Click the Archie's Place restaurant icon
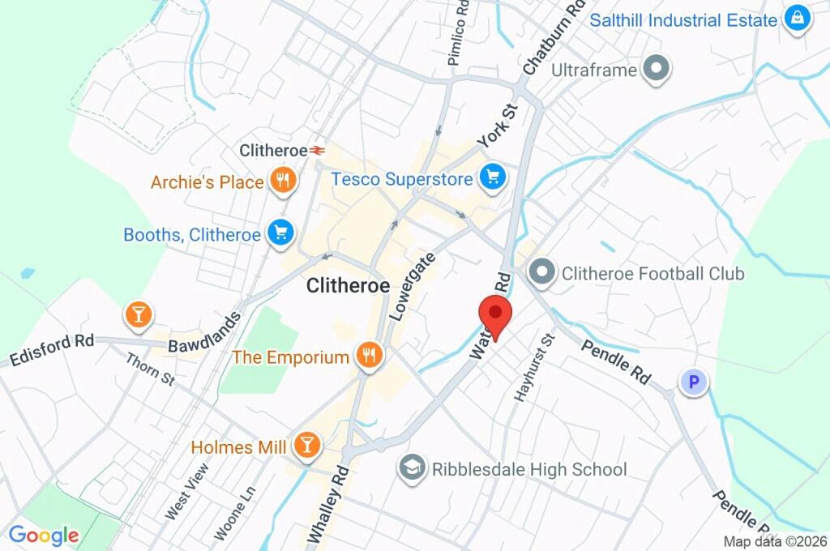(x=282, y=182)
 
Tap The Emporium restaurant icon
(x=369, y=357)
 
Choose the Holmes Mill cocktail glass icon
(x=307, y=446)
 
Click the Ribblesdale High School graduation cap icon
(x=413, y=468)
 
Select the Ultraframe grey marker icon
(x=657, y=70)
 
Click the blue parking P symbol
(x=693, y=382)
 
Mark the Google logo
(x=44, y=535)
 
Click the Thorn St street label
(x=151, y=366)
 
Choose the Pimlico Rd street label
(x=459, y=32)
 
